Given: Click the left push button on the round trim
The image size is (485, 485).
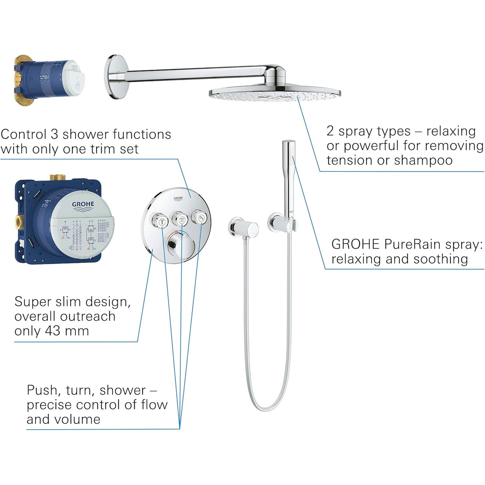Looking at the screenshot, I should [x=162, y=219].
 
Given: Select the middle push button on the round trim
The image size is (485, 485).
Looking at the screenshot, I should [x=181, y=219].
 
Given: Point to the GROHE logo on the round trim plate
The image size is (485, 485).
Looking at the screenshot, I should [x=178, y=198].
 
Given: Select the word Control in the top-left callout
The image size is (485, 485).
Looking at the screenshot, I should [x=23, y=134].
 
